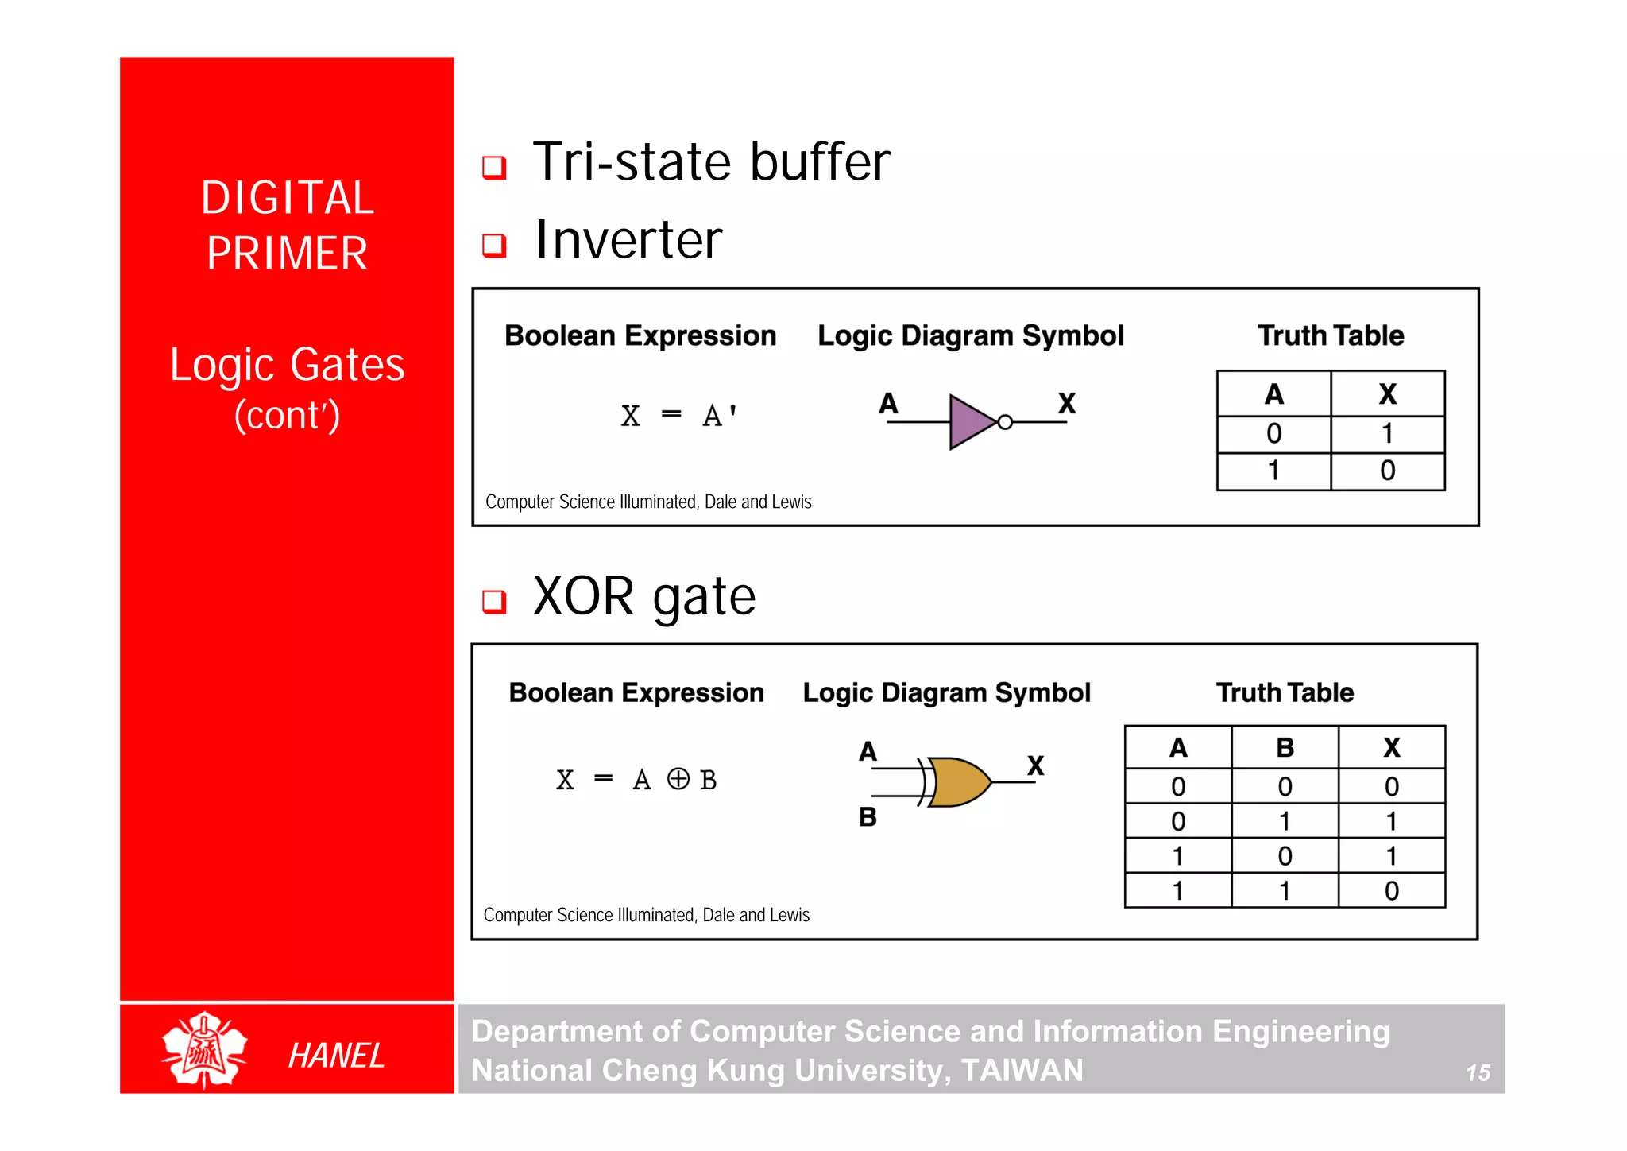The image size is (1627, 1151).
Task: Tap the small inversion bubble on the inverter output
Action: point(1005,422)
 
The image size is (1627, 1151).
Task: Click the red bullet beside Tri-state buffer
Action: point(494,167)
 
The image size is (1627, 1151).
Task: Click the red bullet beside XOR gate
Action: point(494,602)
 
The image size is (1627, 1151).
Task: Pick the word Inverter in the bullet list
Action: point(628,240)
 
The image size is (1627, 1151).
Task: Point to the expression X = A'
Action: point(679,416)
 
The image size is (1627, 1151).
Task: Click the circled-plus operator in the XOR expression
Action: point(678,778)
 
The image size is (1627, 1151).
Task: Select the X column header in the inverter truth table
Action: point(1387,394)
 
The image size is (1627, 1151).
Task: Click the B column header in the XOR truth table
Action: point(1285,748)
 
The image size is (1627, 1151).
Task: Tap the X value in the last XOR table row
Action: point(1391,891)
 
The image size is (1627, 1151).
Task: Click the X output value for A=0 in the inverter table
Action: point(1387,434)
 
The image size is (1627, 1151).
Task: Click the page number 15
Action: point(1478,1073)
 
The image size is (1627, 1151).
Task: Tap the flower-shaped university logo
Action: point(204,1049)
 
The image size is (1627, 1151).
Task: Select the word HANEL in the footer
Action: point(336,1056)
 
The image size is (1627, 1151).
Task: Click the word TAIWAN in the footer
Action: point(1022,1071)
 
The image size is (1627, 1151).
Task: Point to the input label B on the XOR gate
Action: point(868,817)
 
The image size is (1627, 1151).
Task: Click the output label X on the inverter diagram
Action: point(1066,404)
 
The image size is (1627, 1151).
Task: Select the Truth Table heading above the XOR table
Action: point(1285,692)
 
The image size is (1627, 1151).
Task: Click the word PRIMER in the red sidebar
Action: point(287,254)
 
